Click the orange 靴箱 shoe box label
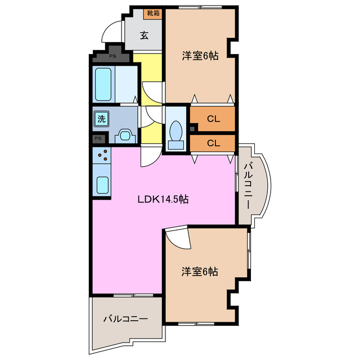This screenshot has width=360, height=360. [153, 13]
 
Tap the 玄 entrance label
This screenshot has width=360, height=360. [144, 35]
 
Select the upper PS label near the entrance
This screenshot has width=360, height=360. [112, 56]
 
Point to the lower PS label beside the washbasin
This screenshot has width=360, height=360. [98, 138]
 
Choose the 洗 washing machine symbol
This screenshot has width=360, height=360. [102, 119]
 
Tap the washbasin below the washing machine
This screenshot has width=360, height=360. [124, 136]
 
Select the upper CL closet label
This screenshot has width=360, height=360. [213, 119]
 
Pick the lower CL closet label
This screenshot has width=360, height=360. [213, 143]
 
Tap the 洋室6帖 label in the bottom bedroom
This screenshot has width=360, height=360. [200, 272]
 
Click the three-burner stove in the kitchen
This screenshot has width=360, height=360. [102, 155]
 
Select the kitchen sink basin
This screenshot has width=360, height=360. [102, 184]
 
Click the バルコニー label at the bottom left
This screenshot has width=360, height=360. [125, 319]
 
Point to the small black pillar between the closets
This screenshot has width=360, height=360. [193, 130]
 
